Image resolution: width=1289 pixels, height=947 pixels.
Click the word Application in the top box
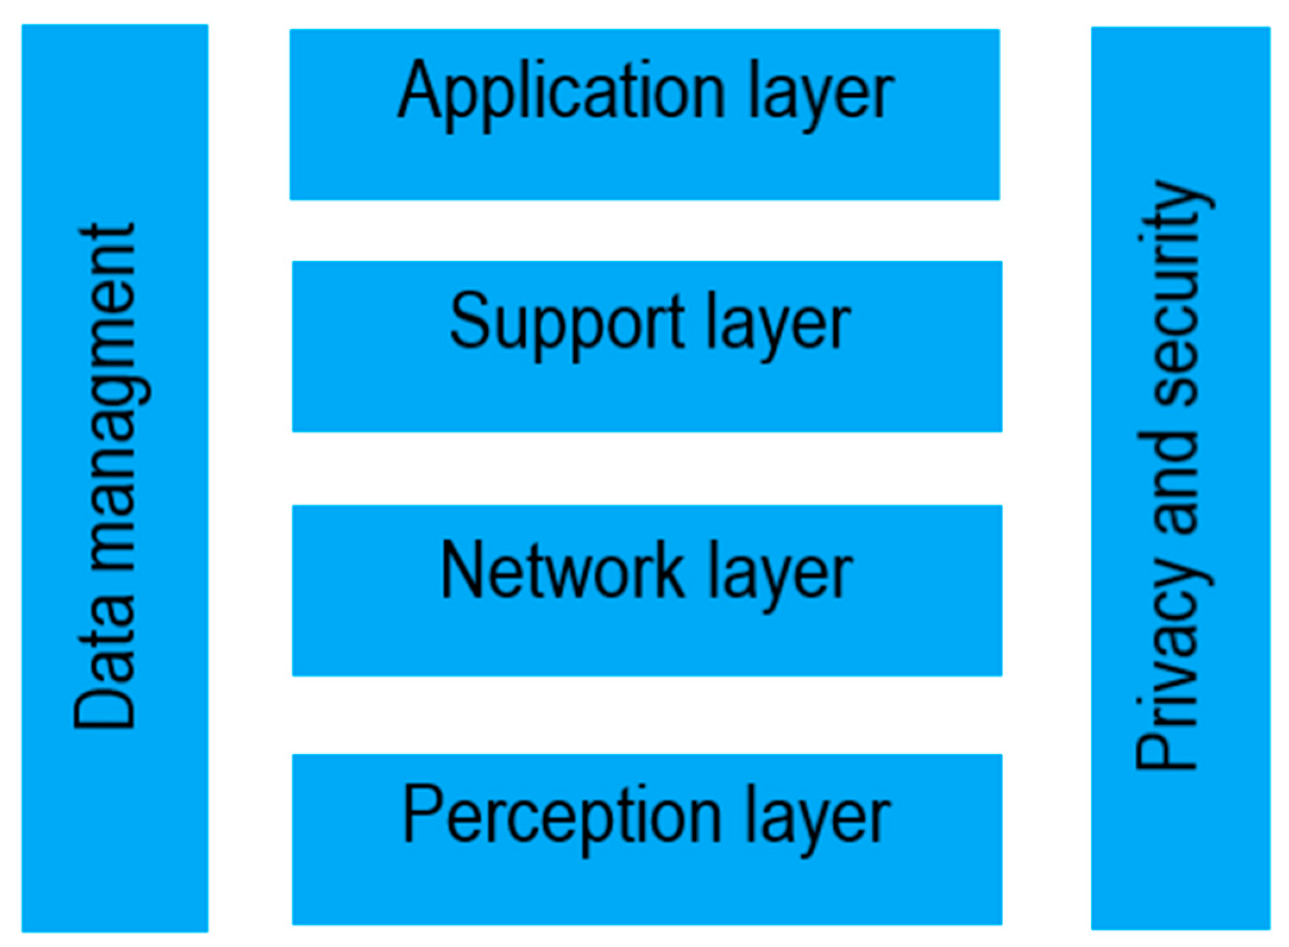pyautogui.click(x=562, y=95)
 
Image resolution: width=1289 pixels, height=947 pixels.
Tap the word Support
pyautogui.click(x=567, y=327)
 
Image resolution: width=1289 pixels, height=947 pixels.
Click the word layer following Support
pyautogui.click(x=779, y=327)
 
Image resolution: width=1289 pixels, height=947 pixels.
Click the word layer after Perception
pyautogui.click(x=818, y=819)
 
